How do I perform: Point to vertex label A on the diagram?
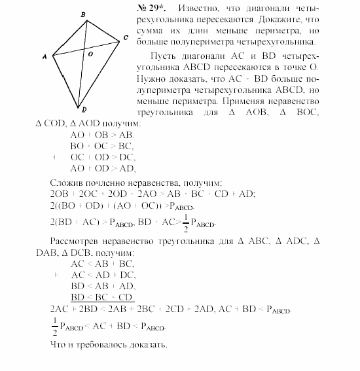(x=45, y=58)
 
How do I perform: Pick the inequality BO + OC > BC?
(x=101, y=146)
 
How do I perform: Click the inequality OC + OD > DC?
(x=103, y=157)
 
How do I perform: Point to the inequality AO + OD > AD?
(x=102, y=168)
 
